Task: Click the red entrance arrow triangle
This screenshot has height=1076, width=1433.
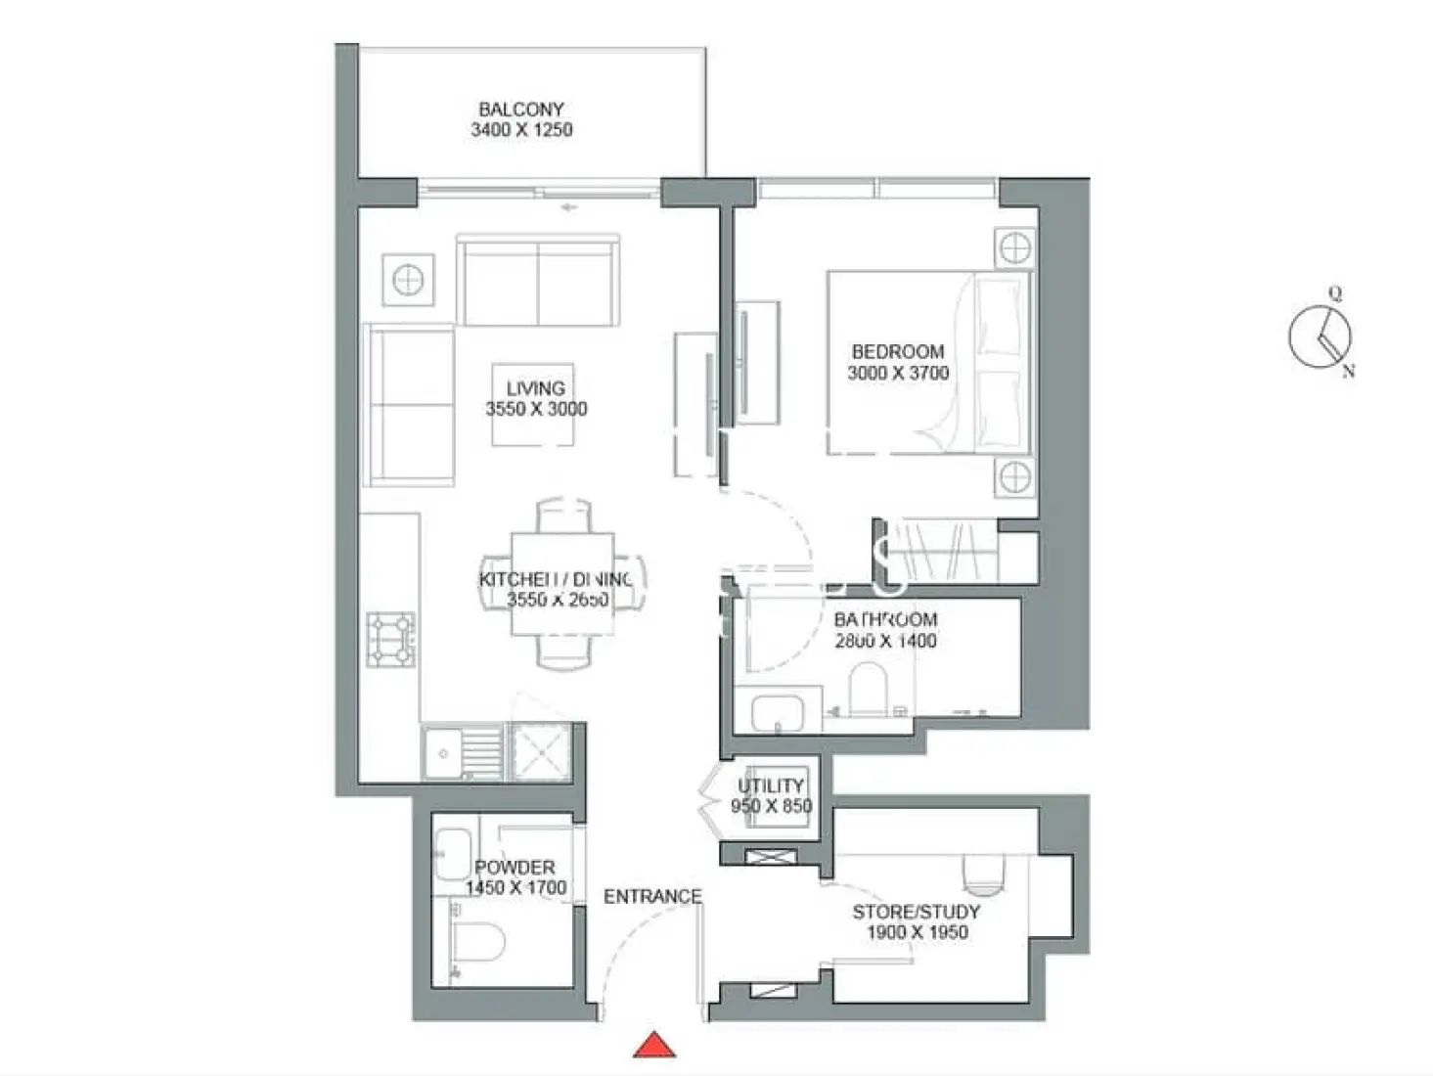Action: (x=654, y=1046)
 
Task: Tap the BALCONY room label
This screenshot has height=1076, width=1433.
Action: (x=520, y=110)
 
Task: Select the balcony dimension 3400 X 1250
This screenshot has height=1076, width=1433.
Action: (x=520, y=130)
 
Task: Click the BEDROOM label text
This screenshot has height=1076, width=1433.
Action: (x=897, y=351)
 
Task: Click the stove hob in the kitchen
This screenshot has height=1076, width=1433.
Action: (x=391, y=639)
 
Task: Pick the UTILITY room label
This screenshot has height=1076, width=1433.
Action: (x=771, y=785)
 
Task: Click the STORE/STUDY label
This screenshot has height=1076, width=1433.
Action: (x=916, y=912)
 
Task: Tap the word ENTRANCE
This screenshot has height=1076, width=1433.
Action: (x=652, y=896)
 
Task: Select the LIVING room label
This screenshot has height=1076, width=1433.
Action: (x=535, y=388)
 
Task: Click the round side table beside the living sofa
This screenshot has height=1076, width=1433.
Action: (x=408, y=281)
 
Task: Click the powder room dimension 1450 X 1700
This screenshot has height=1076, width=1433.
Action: (x=515, y=888)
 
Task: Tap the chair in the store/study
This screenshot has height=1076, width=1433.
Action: (x=984, y=874)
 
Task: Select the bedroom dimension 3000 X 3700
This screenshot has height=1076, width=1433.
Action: (x=897, y=373)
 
